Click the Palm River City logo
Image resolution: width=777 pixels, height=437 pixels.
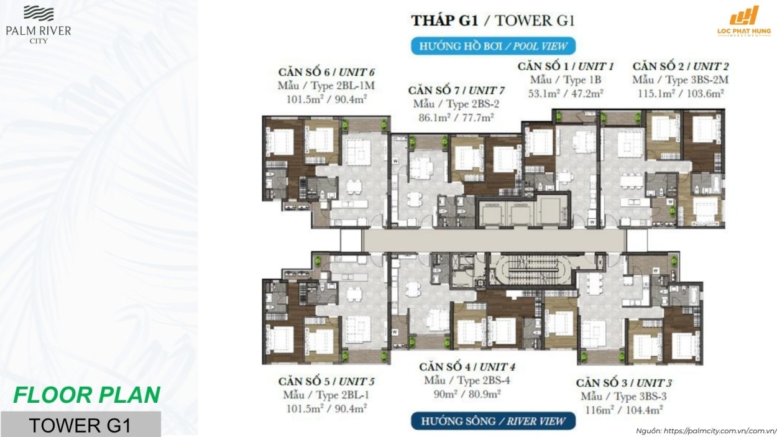pos(39,25)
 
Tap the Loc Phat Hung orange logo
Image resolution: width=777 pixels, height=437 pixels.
pos(744,21)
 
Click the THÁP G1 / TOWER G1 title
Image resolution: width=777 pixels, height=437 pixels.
pos(493,21)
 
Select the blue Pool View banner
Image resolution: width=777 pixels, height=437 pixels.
pos(493,46)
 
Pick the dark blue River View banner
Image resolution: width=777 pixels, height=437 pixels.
pos(493,421)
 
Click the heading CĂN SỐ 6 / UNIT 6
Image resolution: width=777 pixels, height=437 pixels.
pos(326,72)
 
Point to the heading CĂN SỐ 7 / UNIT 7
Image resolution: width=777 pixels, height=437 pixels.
pos(456,90)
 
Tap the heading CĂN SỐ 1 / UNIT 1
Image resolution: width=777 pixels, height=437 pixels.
pos(566,66)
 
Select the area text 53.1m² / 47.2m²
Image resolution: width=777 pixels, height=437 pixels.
pos(566,93)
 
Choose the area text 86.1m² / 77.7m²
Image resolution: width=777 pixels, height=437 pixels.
pos(456,117)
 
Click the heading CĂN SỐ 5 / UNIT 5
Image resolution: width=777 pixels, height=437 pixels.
pos(326,382)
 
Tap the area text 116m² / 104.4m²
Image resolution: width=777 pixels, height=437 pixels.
pos(624,410)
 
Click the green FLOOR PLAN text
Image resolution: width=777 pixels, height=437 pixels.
pos(87,395)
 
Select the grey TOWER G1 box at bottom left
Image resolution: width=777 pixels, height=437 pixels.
pos(81,424)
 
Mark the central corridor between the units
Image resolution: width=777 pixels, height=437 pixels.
pos(494,240)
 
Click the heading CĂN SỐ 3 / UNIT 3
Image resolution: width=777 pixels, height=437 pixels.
pos(624,383)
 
